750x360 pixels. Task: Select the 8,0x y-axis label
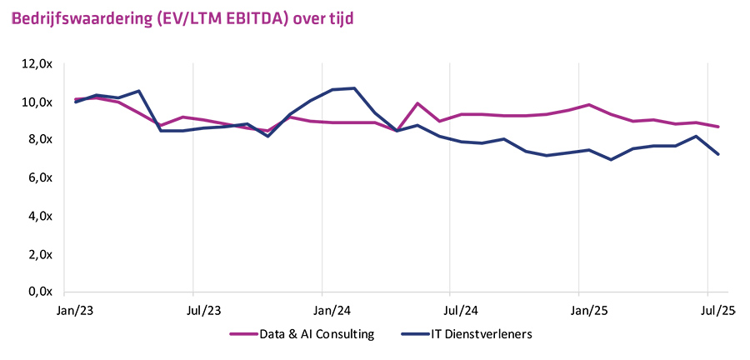pyautogui.click(x=39, y=139)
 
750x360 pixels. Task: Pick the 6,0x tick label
pyautogui.click(x=39, y=177)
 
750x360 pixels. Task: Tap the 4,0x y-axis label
pyautogui.click(x=39, y=216)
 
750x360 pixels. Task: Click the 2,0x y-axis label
pyautogui.click(x=39, y=254)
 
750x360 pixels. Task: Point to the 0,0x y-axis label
pyautogui.click(x=39, y=292)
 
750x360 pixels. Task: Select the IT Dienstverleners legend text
pyautogui.click(x=481, y=335)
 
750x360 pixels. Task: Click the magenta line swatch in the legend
pyautogui.click(x=242, y=335)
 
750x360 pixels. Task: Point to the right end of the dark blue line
pyautogui.click(x=718, y=154)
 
